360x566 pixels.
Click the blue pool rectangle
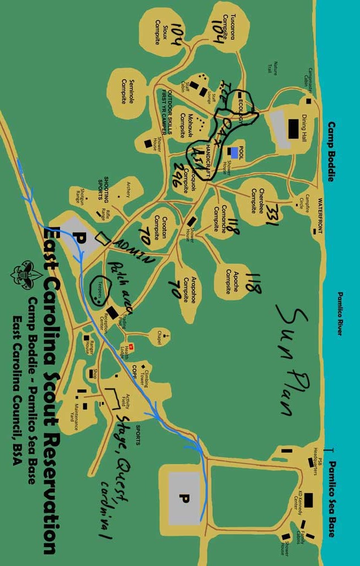tap(234, 152)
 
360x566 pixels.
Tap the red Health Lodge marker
tap(130, 346)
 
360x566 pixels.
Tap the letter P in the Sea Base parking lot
tap(183, 498)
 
